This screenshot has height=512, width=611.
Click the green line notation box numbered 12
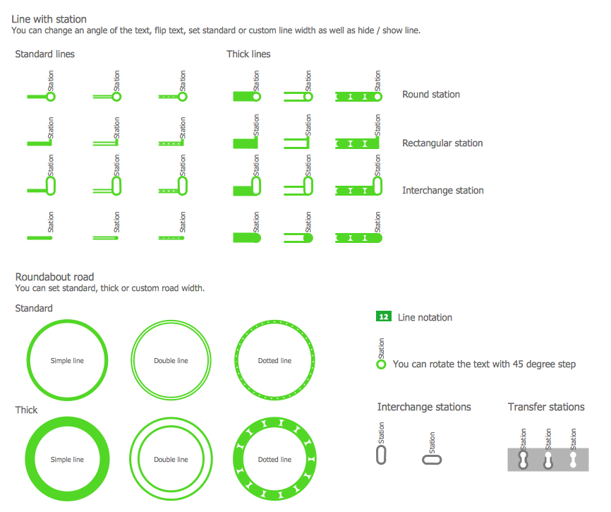[383, 316]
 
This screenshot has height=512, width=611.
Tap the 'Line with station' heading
[49, 19]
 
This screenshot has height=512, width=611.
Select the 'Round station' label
[431, 95]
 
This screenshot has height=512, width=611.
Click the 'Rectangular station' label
[442, 143]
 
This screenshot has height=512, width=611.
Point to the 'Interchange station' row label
[442, 190]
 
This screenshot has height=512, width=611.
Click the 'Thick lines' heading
[248, 54]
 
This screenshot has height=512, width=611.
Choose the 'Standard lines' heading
[45, 54]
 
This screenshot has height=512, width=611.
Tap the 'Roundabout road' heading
[54, 277]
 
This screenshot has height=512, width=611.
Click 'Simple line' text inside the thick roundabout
[67, 459]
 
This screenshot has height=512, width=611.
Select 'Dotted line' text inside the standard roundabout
[274, 361]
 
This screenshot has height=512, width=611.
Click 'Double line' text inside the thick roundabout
[171, 459]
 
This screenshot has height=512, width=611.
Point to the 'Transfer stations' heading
[546, 407]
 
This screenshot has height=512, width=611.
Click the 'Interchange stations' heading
[424, 407]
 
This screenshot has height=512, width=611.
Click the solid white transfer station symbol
[573, 460]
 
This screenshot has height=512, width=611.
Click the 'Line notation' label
[425, 317]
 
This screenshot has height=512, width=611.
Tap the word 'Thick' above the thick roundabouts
[27, 410]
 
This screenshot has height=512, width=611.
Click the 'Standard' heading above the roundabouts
[34, 308]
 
